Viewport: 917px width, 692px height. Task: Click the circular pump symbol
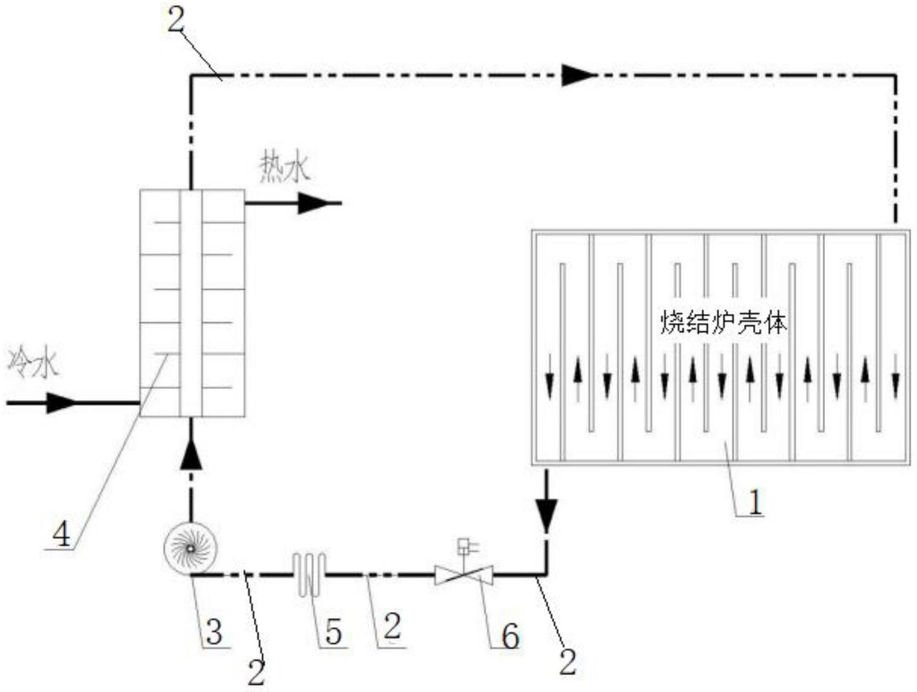point(190,548)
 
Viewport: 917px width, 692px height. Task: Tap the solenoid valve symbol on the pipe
point(464,573)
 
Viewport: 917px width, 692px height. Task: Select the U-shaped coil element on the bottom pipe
point(309,573)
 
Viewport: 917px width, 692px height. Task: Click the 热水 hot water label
point(284,168)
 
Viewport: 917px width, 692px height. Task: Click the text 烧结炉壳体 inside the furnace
point(723,323)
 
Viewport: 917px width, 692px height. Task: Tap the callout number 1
point(755,502)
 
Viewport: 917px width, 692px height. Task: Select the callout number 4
point(61,535)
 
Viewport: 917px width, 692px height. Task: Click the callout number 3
point(214,633)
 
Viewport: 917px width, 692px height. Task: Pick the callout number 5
point(333,633)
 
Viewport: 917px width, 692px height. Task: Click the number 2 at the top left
point(175,21)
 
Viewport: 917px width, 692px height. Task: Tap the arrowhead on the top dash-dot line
point(578,75)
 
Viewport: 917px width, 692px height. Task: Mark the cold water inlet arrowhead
point(61,402)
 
